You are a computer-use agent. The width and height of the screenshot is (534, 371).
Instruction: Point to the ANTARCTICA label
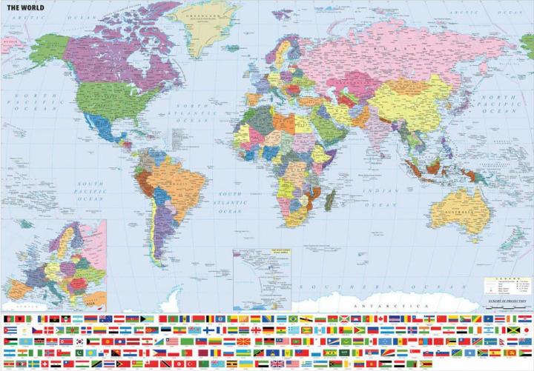coord(379,305)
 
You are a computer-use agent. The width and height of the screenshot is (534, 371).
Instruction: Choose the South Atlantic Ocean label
coord(229,201)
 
